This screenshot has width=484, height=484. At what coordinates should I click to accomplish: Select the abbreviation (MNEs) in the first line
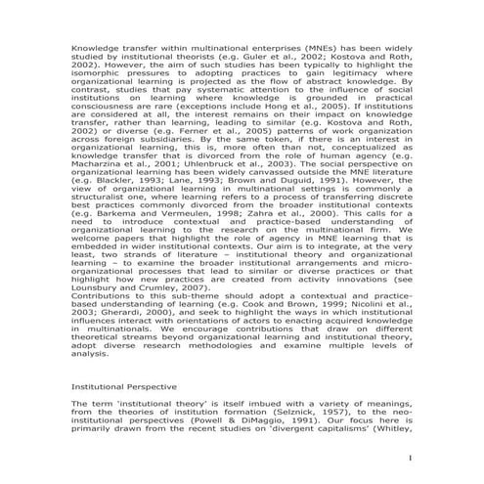[297, 46]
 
